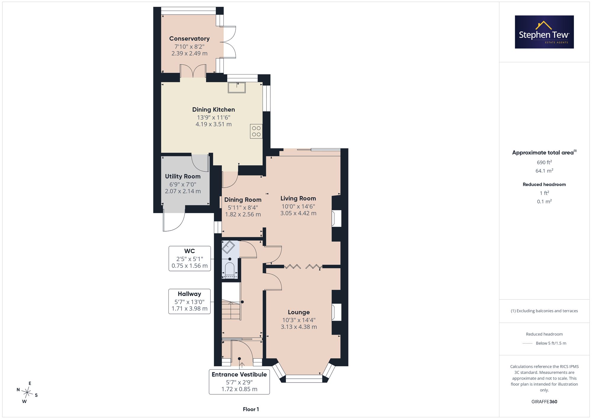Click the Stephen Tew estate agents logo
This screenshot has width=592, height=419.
click(x=544, y=32)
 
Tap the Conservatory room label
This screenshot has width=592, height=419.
click(x=189, y=38)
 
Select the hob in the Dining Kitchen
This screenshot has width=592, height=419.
click(x=256, y=131)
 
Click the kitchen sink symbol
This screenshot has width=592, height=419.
click(x=237, y=88)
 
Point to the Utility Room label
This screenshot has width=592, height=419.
click(x=183, y=176)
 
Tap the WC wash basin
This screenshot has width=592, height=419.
click(x=229, y=247)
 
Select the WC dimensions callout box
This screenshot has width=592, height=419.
click(x=190, y=259)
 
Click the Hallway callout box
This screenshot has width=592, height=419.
click(x=189, y=301)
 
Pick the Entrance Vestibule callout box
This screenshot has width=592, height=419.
click(x=239, y=382)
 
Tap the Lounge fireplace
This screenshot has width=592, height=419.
click(x=337, y=312)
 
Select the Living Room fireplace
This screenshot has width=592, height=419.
click(x=337, y=219)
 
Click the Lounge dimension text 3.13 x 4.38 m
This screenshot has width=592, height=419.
click(x=299, y=327)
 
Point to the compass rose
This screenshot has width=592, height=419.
click(x=27, y=393)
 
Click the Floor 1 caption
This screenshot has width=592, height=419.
click(x=251, y=409)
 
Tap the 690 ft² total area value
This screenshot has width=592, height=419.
click(x=544, y=162)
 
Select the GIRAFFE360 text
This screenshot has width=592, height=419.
click(x=544, y=402)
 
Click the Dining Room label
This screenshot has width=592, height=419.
click(x=243, y=200)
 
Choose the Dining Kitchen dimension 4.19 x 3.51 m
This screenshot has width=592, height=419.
click(x=213, y=124)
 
